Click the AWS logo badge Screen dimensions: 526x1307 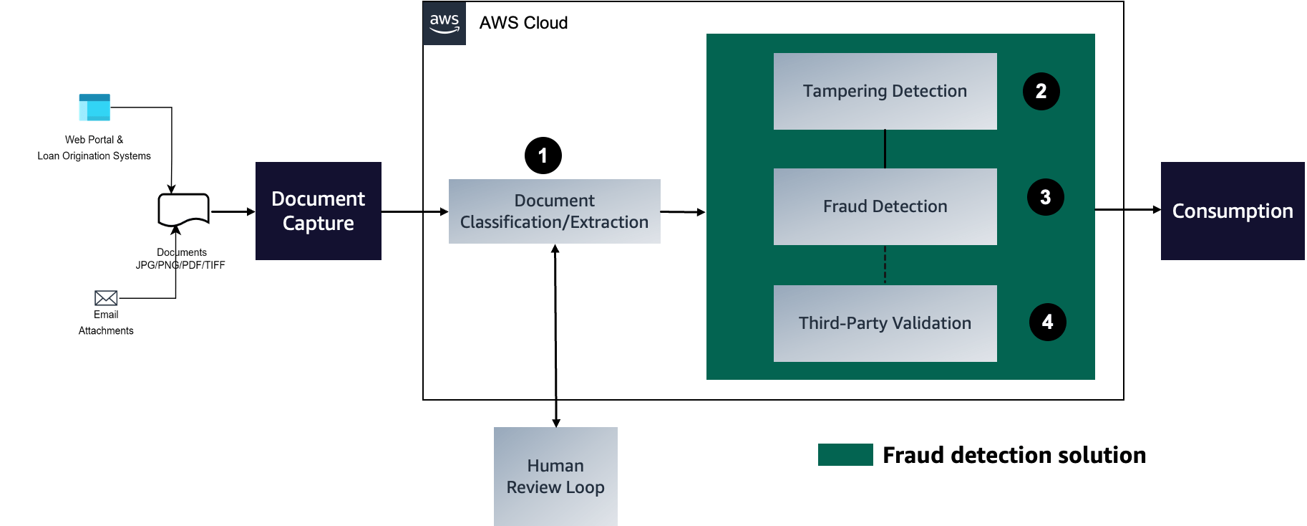[444, 24]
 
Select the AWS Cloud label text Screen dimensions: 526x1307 [523, 23]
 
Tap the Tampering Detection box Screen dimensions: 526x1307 [885, 91]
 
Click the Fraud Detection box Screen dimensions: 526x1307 [885, 206]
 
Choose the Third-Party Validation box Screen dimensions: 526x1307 [885, 323]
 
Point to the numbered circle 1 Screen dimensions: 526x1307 [543, 156]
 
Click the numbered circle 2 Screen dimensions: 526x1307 [1041, 92]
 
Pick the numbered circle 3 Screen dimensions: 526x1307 [1045, 197]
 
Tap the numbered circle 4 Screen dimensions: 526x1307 [1047, 322]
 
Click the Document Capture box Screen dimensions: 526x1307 [318, 211]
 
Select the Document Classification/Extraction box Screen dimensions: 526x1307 [554, 211]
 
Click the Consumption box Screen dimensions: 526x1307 [1232, 211]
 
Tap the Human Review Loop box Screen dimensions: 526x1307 [555, 476]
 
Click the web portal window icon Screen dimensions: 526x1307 [94, 108]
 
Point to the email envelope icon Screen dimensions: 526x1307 [106, 298]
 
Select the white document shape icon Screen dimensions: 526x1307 [183, 209]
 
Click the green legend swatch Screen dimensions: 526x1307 [845, 455]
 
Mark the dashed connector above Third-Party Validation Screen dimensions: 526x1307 [885, 265]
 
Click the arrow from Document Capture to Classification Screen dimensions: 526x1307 [414, 211]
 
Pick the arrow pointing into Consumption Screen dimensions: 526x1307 [1127, 209]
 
